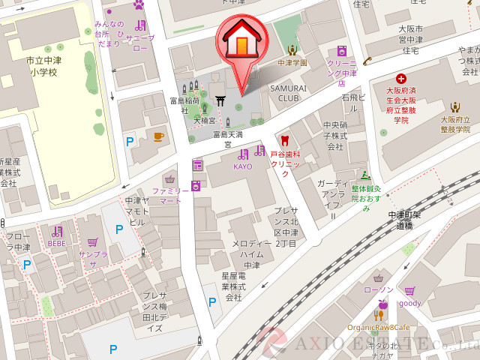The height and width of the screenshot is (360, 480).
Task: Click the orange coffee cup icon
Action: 158,136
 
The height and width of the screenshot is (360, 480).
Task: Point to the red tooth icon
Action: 283,139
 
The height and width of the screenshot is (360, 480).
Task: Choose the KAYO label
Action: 242,166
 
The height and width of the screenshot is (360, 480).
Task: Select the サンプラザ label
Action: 93,259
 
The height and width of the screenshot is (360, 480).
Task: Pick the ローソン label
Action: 378,289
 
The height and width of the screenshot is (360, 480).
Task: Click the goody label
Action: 410,303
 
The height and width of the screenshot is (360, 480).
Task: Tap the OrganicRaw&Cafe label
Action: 378,328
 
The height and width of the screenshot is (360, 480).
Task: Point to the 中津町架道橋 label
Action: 405,220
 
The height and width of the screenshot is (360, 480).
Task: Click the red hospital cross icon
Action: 401,78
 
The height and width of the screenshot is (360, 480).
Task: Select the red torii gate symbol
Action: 221,100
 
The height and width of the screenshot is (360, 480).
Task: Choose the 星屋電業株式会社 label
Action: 233,286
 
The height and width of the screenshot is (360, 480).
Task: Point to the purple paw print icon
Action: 138,4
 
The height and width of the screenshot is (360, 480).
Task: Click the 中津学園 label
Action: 292,63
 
